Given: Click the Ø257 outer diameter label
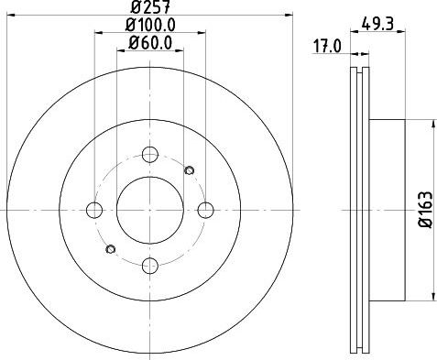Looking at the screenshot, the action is coord(149,6).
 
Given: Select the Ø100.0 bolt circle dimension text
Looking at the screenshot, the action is coord(150,25).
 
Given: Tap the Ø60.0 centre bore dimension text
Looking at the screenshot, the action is coord(150,43).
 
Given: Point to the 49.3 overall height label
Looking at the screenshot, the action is coord(377,24).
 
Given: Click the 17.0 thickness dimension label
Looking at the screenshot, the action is coord(328,47).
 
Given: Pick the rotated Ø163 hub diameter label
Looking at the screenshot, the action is coord(426,210).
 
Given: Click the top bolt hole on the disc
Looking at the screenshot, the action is coord(150,155).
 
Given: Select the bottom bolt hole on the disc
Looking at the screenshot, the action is coord(150,266).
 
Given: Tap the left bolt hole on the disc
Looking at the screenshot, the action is coord(94,210).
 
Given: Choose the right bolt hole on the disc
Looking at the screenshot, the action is coord(205,210).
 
